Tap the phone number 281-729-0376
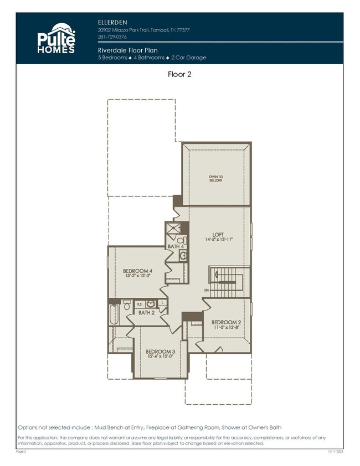point(112,37)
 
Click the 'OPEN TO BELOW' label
point(215,178)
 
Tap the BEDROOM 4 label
point(137,271)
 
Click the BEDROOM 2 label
point(226,322)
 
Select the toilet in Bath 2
point(127,304)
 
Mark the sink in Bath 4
point(182,255)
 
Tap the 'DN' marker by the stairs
point(206,289)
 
